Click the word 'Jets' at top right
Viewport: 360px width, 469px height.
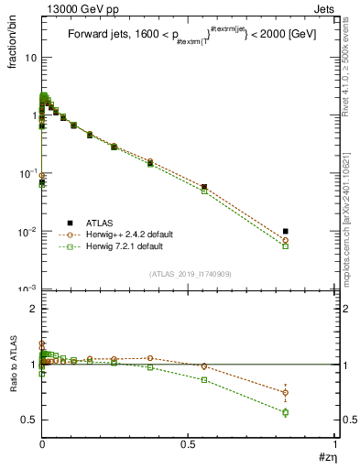325,8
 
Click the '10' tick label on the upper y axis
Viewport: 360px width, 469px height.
30,57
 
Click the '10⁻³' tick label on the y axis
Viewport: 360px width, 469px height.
27,289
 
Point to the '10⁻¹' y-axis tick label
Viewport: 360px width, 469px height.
27,173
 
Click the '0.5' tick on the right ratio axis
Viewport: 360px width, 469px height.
346,420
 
